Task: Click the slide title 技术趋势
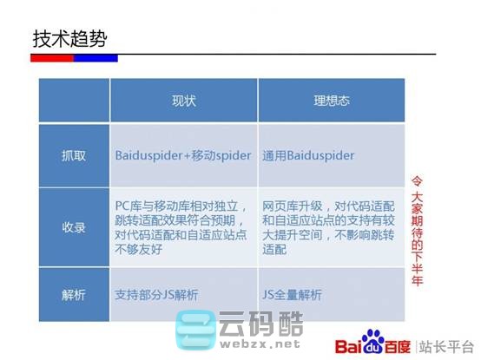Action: (71, 39)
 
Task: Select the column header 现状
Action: (184, 101)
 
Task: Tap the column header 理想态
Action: (332, 101)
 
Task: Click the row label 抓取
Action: (74, 155)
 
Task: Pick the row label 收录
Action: (74, 227)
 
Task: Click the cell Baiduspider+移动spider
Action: (182, 155)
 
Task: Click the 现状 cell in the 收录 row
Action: (182, 227)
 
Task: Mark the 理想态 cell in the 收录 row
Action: (330, 227)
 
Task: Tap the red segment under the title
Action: (52, 58)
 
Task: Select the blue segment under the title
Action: (96, 58)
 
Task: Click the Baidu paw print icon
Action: (372, 340)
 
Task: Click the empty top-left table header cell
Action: (74, 101)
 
